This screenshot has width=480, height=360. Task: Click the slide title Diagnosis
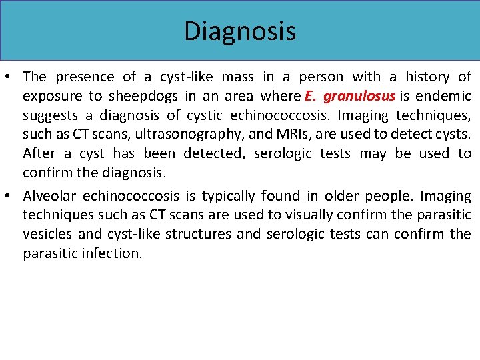[x=240, y=31]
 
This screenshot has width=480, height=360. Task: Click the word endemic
[x=445, y=96]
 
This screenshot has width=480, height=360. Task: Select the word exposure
[x=49, y=96]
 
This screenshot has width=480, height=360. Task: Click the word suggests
[x=49, y=115]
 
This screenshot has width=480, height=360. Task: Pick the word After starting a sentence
[x=39, y=153]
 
